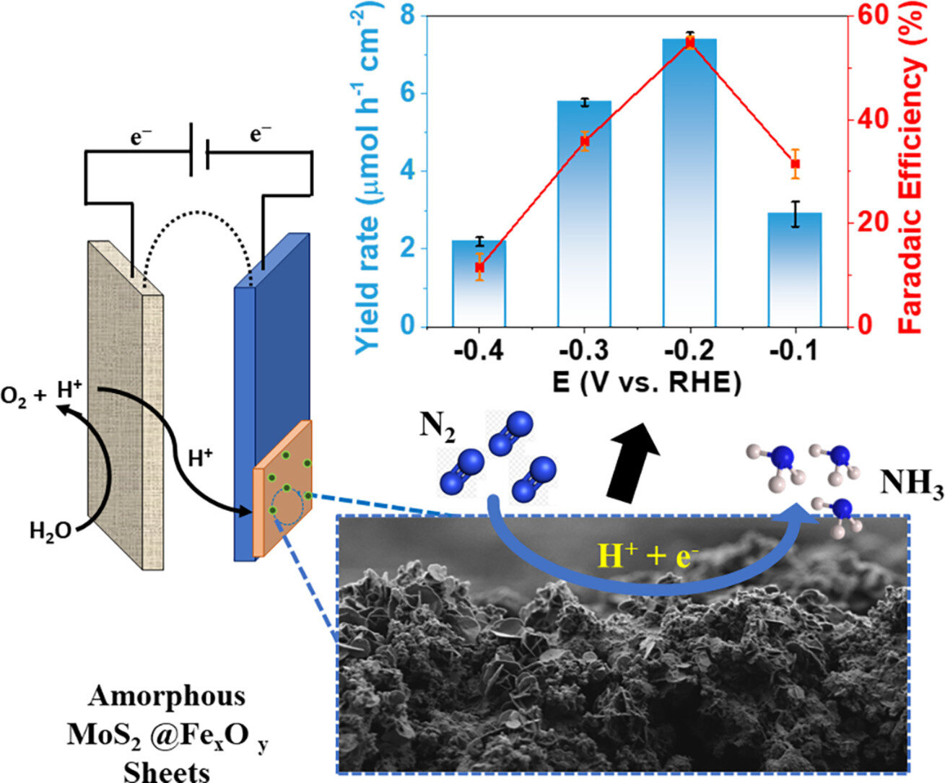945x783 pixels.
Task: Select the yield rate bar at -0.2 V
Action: point(689,180)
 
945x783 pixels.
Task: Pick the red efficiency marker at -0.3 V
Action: point(585,141)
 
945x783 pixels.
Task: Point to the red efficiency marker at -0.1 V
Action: point(795,164)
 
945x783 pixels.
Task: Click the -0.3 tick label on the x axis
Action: point(584,351)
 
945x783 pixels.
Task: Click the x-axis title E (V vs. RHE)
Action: point(647,383)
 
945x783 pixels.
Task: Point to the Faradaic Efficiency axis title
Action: point(912,170)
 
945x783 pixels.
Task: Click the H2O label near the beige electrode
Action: point(50,532)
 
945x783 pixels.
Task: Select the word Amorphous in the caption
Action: point(167,696)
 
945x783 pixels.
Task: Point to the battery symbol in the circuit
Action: point(199,149)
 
